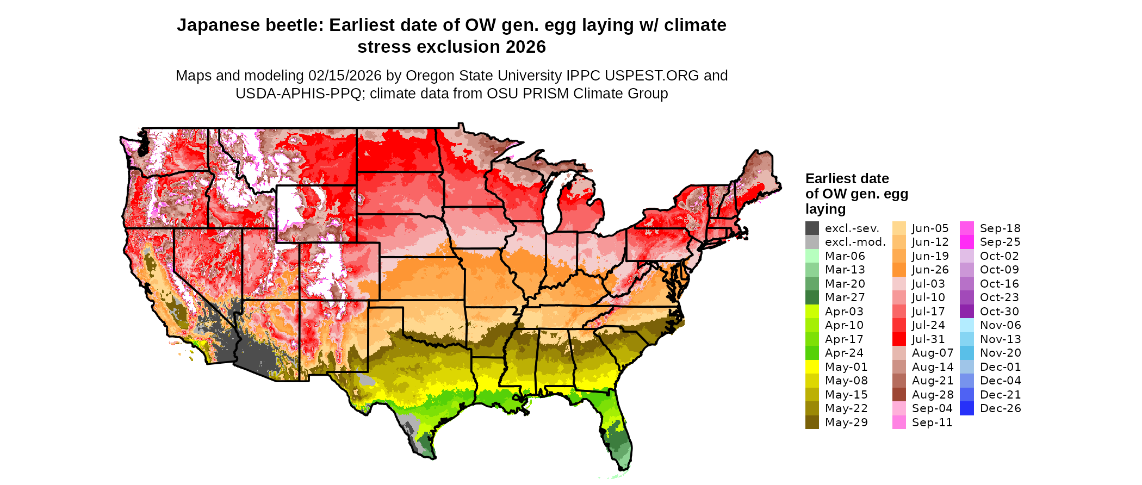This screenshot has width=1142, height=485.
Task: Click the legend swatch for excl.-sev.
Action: click(812, 228)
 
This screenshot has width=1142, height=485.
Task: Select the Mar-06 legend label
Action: click(845, 256)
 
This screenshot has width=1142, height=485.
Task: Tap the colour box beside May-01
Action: click(812, 367)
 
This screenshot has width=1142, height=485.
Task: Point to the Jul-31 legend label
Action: click(928, 339)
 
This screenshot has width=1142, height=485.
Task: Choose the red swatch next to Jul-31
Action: click(899, 339)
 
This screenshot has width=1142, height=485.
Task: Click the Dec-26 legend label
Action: click(1000, 408)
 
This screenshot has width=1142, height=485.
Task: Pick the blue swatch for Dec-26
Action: click(967, 408)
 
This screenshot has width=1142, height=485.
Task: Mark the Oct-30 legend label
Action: click(999, 312)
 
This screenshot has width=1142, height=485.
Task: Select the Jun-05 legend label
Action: click(930, 228)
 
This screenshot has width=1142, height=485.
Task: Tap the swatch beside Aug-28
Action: click(899, 395)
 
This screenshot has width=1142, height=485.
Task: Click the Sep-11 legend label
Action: click(932, 422)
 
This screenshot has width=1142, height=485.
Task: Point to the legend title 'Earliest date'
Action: click(847, 179)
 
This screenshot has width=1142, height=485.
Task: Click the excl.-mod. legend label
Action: click(855, 242)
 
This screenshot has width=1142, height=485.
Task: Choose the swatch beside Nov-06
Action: click(967, 325)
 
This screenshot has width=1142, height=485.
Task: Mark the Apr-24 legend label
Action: click(843, 353)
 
